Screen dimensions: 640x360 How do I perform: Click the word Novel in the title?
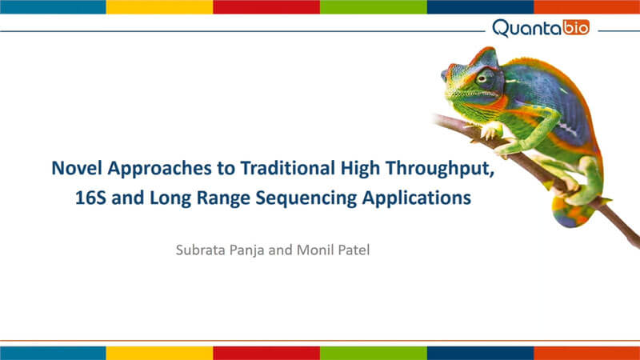[76, 168]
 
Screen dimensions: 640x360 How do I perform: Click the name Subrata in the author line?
[200, 250]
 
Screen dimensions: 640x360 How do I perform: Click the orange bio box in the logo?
[576, 27]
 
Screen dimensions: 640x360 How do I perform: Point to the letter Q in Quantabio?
[502, 29]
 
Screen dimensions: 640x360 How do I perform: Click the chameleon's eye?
[482, 78]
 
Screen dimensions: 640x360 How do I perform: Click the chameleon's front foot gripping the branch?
[490, 131]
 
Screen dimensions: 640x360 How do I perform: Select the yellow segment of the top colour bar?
[159, 7]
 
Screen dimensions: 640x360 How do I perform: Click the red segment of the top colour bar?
[266, 7]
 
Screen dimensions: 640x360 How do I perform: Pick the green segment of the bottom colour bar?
[374, 353]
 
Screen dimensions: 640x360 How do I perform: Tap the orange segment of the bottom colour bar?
[587, 353]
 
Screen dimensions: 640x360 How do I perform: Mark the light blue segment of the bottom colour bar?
[53, 353]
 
